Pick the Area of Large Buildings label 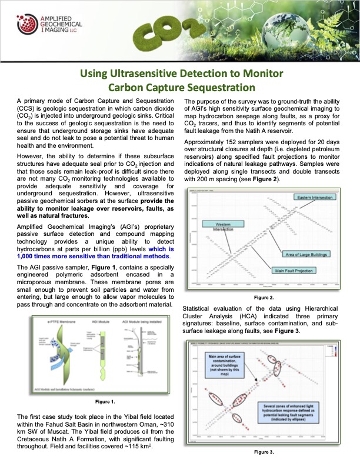[309, 254]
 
